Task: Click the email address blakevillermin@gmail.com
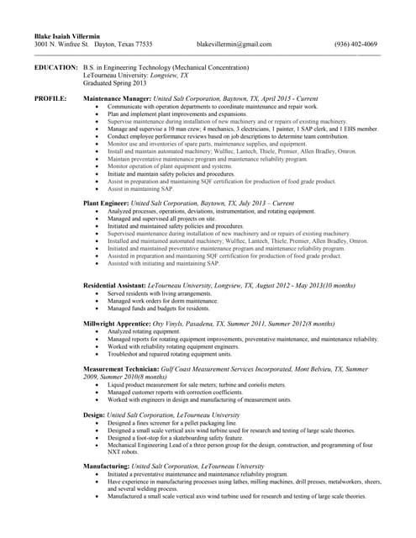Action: (x=234, y=44)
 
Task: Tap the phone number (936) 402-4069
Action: (x=355, y=44)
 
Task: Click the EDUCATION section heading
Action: (x=56, y=66)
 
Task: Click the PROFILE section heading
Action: (x=50, y=98)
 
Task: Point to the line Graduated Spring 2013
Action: (x=115, y=82)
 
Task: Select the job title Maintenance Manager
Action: (x=117, y=98)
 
